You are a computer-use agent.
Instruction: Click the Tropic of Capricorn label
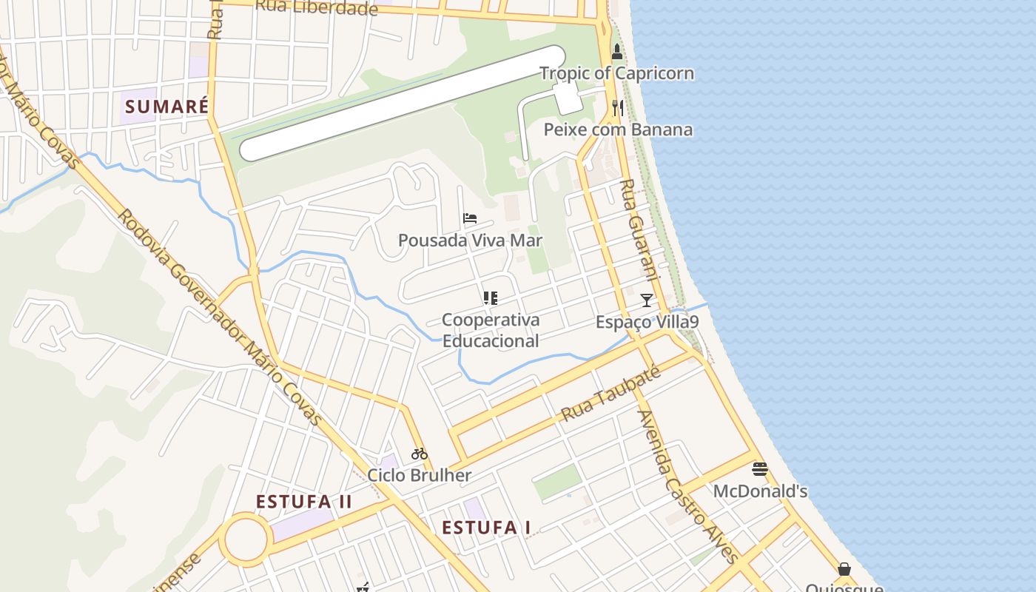point(616,73)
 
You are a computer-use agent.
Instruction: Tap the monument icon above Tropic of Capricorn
point(617,51)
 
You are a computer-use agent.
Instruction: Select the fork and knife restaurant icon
point(618,108)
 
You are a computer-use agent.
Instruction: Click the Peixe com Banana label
point(618,130)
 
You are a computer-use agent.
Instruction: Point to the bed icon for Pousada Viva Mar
point(470,218)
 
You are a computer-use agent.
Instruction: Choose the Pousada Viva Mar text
point(470,240)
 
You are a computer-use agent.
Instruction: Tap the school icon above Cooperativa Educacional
point(490,298)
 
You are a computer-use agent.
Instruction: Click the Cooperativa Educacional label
point(491,331)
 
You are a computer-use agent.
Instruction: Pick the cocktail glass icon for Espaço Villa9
point(647,300)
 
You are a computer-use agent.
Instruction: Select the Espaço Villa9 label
point(647,322)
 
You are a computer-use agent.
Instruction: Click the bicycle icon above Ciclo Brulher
point(420,454)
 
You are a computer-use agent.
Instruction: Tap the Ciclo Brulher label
point(420,475)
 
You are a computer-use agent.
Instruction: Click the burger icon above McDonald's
point(760,469)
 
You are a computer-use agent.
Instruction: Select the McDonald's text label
point(760,491)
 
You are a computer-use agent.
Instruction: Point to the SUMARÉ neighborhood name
point(166,107)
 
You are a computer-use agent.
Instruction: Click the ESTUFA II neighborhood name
point(304,502)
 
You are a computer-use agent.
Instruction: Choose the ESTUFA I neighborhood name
point(486,528)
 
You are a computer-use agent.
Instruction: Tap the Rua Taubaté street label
point(611,394)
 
